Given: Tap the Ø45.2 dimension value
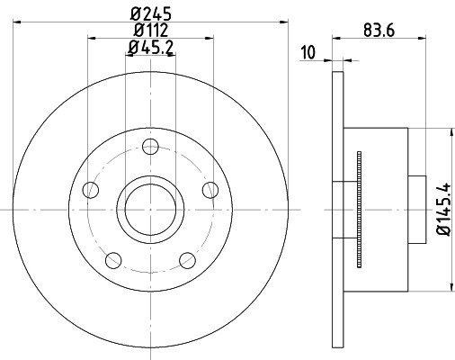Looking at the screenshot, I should (150, 48).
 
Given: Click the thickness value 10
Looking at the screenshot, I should (309, 51).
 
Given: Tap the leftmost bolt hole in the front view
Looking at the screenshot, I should (89, 189).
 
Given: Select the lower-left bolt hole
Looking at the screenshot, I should (112, 260).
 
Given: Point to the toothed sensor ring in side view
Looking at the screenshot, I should (357, 209).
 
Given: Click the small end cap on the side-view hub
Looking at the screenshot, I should (417, 209).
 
